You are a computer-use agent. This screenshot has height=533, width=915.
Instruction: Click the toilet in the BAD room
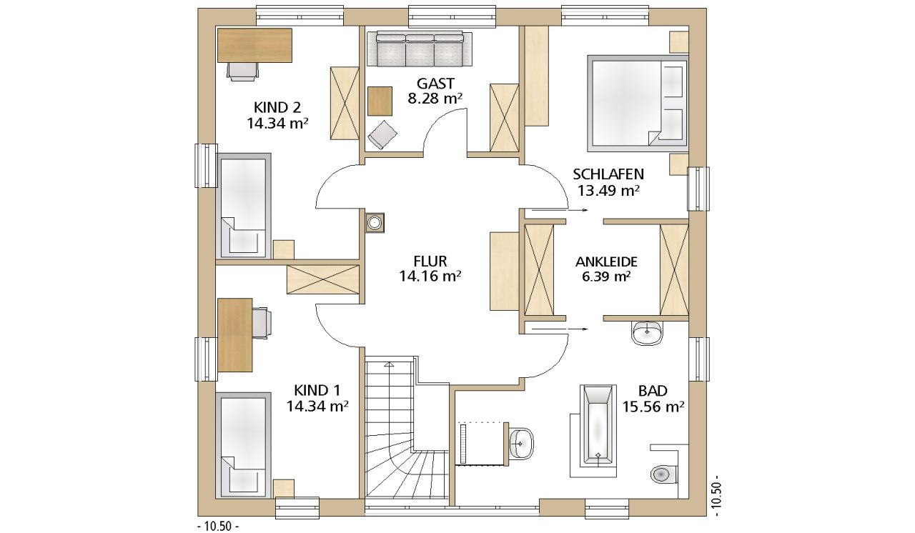[662, 474]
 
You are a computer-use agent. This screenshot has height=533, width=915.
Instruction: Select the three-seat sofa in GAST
[420, 49]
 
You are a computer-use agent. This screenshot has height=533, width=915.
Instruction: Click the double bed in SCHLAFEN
[637, 102]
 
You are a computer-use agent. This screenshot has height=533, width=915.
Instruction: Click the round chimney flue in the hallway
[374, 223]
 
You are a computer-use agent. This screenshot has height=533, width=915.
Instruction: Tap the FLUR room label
[430, 261]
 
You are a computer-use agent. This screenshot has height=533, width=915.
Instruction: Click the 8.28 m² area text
[435, 99]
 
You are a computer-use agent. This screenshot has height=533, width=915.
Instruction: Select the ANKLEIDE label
[606, 261]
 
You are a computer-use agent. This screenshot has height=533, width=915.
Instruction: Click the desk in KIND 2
[254, 45]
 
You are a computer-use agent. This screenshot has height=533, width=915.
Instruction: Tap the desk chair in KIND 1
[262, 323]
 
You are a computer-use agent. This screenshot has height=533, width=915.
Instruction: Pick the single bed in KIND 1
[243, 445]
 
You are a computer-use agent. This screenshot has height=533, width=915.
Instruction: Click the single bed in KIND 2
[243, 206]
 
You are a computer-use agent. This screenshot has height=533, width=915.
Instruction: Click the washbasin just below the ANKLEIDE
[648, 333]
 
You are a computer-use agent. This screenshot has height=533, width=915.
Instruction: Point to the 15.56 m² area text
[653, 407]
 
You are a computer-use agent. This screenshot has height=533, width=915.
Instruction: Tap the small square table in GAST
[380, 101]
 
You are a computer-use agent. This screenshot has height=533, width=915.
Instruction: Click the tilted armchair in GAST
[382, 134]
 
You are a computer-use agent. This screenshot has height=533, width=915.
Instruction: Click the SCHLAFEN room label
[608, 174]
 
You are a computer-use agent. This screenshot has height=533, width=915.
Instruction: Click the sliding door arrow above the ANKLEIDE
[556, 211]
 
